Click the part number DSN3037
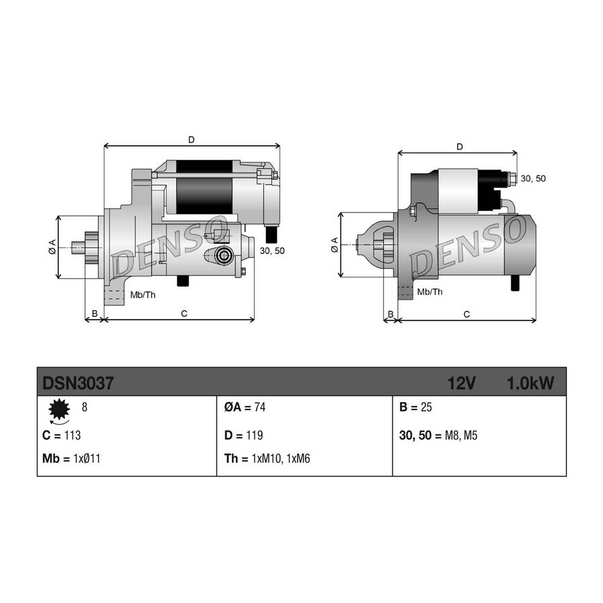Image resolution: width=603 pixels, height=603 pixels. tap(78, 383)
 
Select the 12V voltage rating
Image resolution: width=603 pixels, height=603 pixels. tap(462, 383)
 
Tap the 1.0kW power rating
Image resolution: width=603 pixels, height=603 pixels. tap(531, 383)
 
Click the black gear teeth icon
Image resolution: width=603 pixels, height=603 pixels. tap(60, 409)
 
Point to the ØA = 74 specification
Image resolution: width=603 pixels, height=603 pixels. tap(245, 407)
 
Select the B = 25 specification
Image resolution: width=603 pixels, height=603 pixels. tap(415, 407)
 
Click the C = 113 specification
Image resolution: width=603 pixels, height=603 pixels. tap(62, 435)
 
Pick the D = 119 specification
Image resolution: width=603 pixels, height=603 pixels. tap(243, 435)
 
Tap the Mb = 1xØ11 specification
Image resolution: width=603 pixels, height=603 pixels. tap(71, 459)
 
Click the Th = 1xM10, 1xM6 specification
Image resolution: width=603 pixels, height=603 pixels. tap(267, 459)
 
